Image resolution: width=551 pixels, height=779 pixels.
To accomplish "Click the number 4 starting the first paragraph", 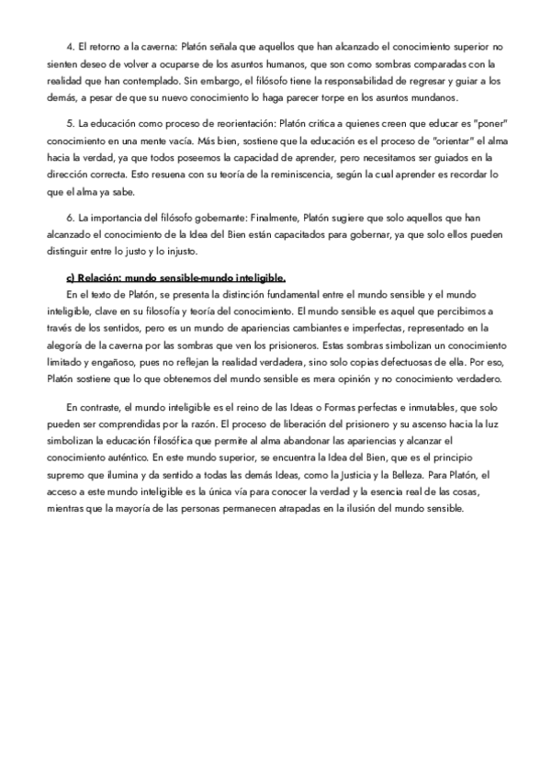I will pos(70,46).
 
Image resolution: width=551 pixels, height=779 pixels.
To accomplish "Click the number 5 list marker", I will pos(70,123).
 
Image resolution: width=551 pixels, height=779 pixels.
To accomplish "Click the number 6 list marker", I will pos(70,219).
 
